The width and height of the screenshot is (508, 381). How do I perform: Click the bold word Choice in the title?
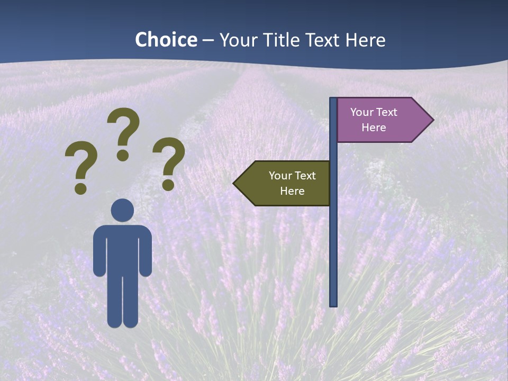[166, 40]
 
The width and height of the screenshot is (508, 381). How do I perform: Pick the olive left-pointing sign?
[286, 184]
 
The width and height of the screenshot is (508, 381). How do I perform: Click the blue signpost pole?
[333, 238]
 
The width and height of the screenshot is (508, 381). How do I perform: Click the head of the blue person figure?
[122, 210]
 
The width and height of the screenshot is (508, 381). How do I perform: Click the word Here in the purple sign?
[374, 128]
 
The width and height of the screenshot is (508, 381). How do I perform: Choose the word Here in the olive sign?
[292, 191]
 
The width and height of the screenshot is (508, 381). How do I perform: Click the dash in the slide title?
[208, 40]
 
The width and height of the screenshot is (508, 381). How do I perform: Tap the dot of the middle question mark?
[123, 156]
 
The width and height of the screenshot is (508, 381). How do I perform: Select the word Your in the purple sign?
[362, 112]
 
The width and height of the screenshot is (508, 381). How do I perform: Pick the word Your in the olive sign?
[280, 176]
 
